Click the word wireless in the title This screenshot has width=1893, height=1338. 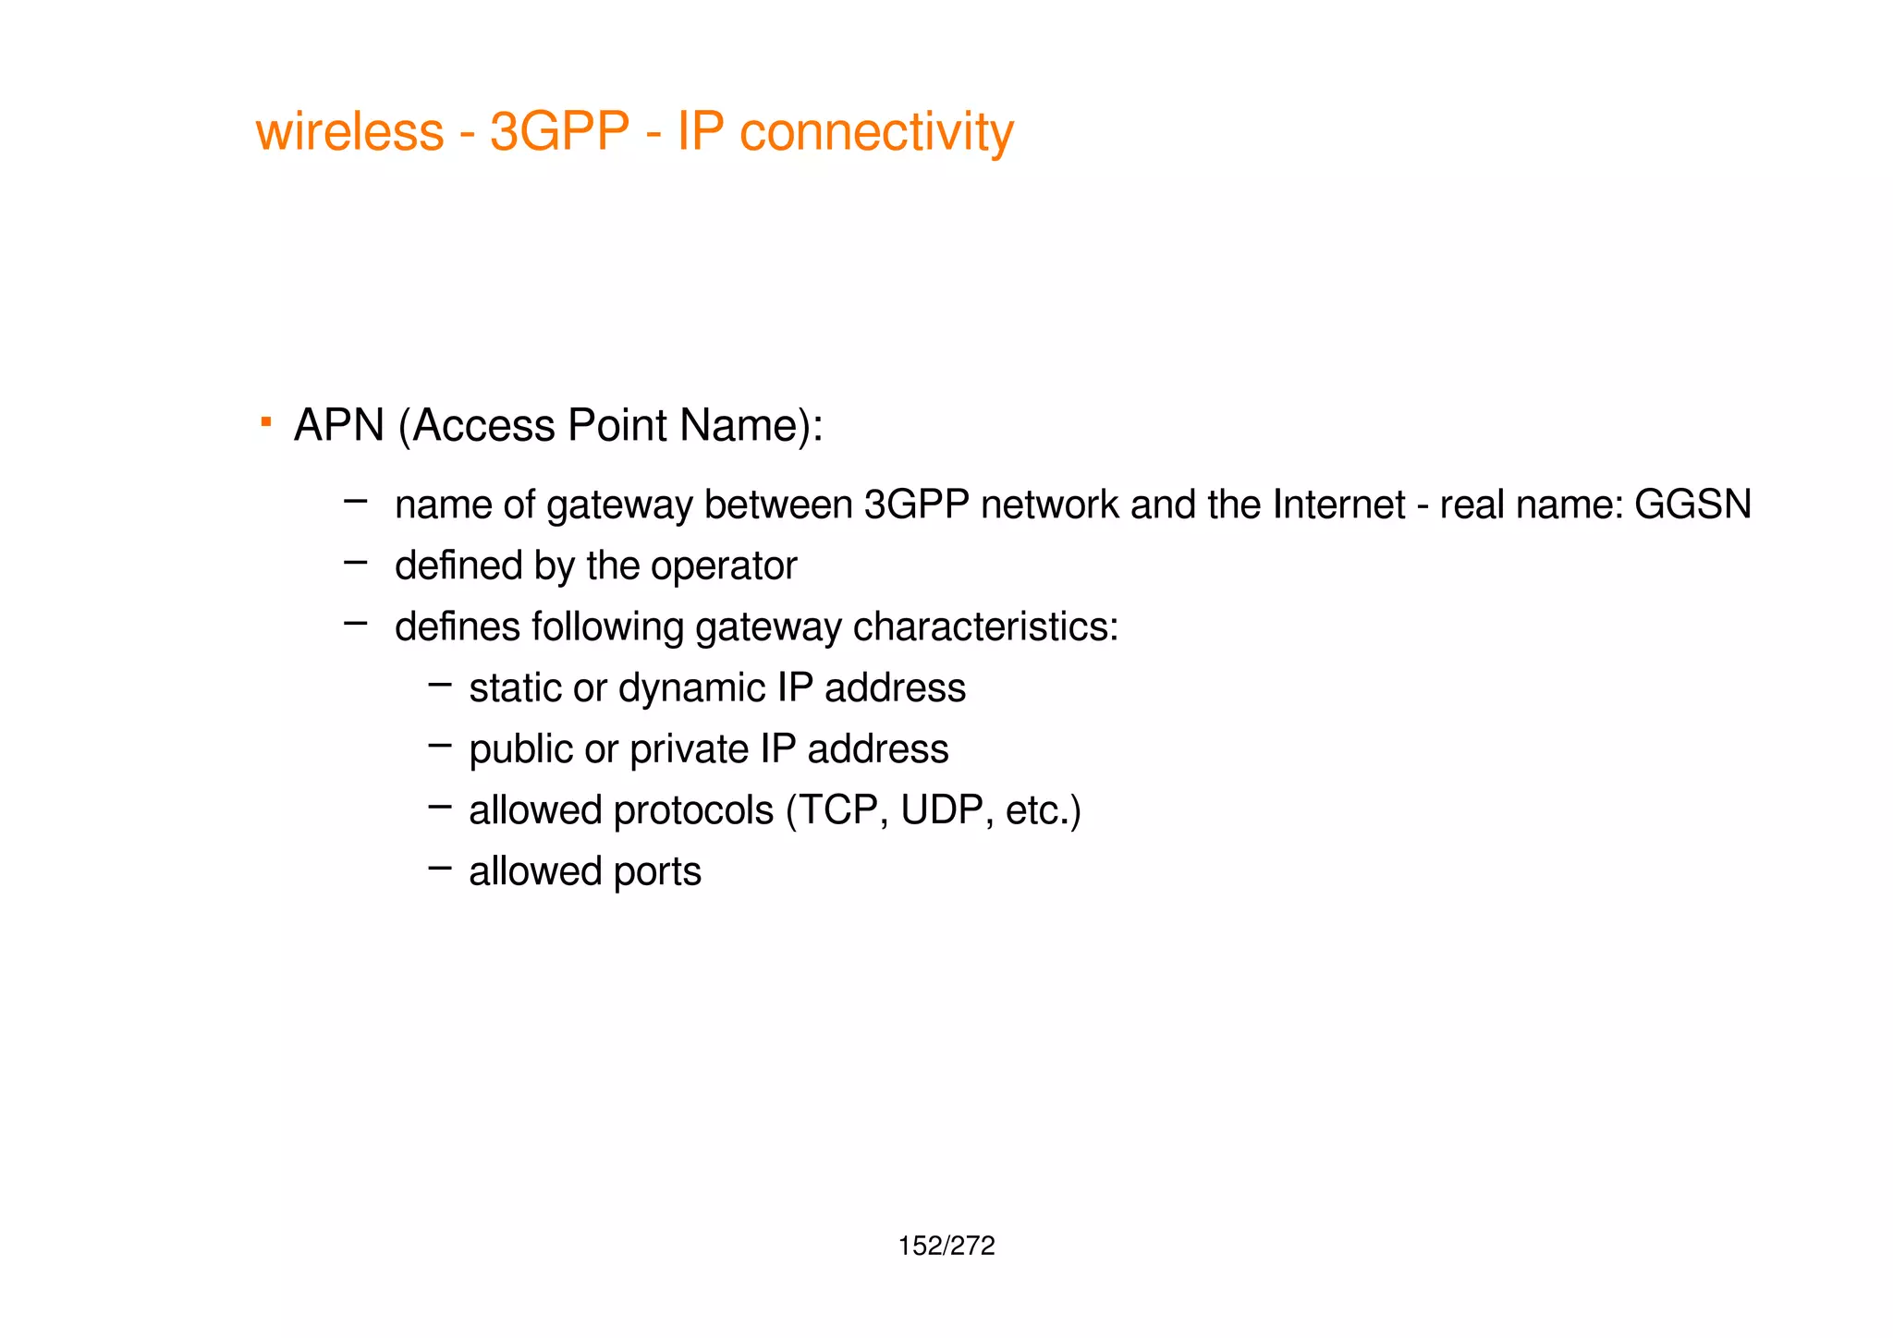pyautogui.click(x=349, y=131)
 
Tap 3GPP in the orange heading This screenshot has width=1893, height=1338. pyautogui.click(x=559, y=131)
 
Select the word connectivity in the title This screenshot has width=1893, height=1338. pyautogui.click(x=876, y=133)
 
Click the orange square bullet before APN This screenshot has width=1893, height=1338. pyautogui.click(x=266, y=422)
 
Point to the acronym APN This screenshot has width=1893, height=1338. pyautogui.click(x=338, y=426)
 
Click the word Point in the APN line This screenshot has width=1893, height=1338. pyautogui.click(x=617, y=426)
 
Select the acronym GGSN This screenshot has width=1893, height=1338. pyautogui.click(x=1692, y=505)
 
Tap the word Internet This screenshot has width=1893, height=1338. pyautogui.click(x=1338, y=505)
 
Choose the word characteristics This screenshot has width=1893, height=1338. pyautogui.click(x=984, y=626)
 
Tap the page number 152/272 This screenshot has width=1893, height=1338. pyautogui.click(x=946, y=1246)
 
